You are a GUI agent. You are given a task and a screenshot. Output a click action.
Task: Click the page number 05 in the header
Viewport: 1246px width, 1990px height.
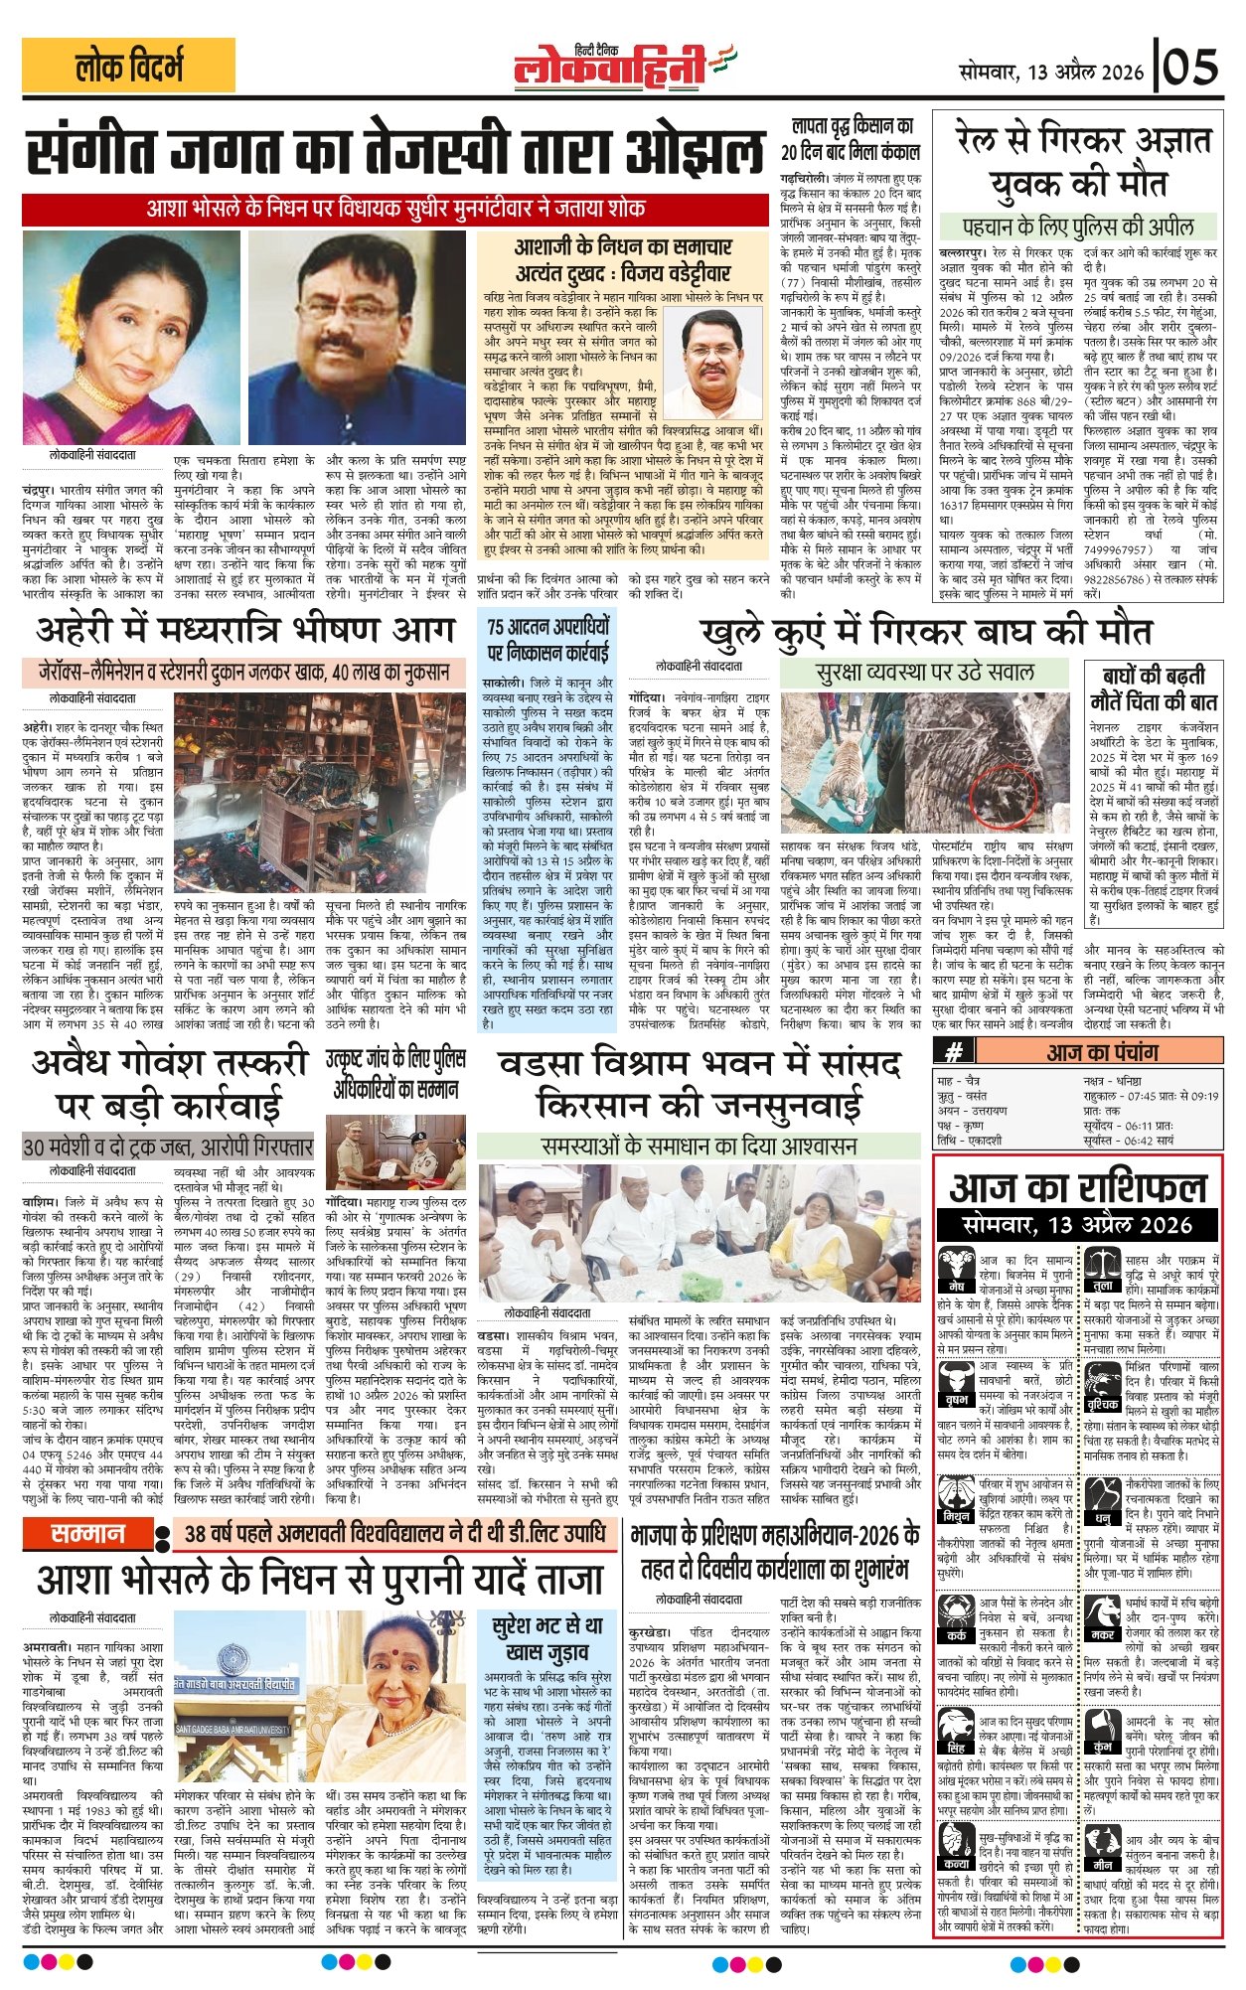tap(1192, 69)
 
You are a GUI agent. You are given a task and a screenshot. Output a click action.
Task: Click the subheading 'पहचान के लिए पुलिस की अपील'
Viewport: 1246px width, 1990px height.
tap(1078, 225)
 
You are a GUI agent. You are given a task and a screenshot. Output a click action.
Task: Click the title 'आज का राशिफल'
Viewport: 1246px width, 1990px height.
tap(1078, 1187)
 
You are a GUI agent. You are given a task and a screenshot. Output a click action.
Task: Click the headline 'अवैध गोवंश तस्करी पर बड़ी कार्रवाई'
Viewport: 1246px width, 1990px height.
tap(169, 1084)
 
